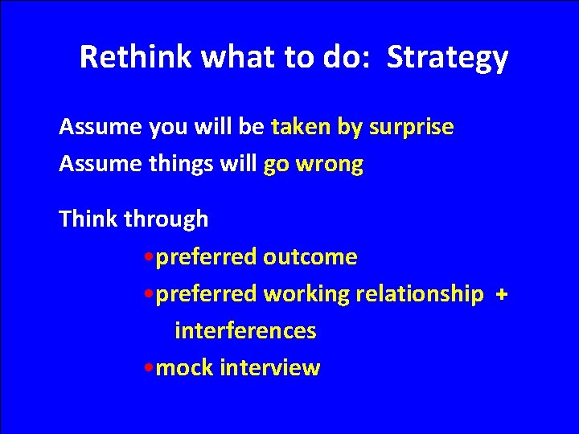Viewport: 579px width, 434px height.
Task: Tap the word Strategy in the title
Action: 447,57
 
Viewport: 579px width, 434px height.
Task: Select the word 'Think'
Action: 88,219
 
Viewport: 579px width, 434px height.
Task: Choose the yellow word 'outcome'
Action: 310,257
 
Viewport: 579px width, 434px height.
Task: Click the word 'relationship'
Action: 419,294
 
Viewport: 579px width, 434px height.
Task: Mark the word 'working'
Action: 306,294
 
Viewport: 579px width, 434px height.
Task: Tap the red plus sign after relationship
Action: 502,295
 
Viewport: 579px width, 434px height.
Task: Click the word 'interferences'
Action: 245,331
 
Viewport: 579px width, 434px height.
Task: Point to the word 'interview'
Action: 269,368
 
